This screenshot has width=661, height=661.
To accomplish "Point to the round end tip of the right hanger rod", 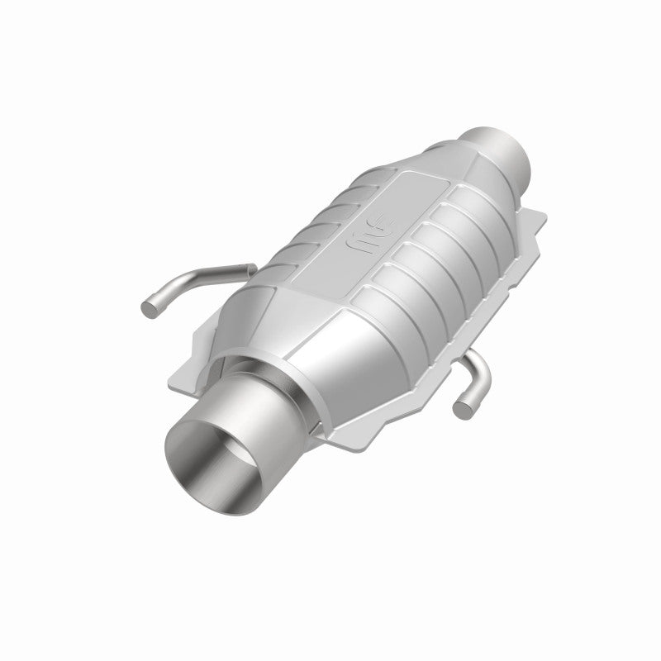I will tap(464, 405).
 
